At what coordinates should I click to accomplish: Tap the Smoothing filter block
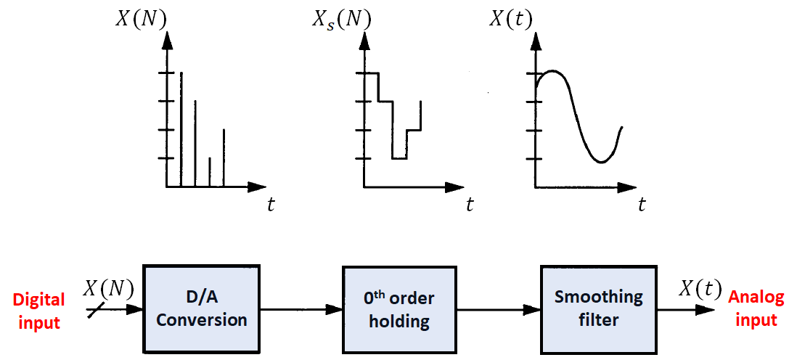click(598, 308)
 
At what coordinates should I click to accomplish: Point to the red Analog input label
click(756, 308)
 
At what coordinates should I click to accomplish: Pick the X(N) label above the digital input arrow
click(108, 289)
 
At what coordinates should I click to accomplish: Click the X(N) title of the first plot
click(141, 20)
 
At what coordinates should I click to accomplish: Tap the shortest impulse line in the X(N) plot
click(210, 172)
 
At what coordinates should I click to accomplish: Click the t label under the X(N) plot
click(271, 205)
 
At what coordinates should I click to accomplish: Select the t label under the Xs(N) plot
click(470, 205)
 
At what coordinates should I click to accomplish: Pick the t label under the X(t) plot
click(642, 205)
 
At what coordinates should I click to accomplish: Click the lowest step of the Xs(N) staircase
click(399, 158)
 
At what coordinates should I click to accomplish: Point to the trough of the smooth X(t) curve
click(601, 162)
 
